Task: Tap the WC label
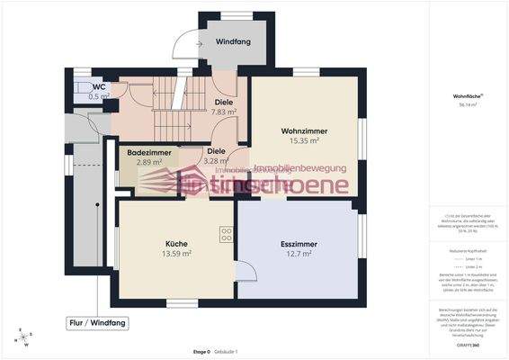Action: click(x=99, y=86)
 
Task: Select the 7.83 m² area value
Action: click(x=223, y=112)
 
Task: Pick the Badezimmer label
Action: click(x=148, y=152)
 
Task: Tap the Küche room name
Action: click(x=175, y=244)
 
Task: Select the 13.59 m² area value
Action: click(x=175, y=254)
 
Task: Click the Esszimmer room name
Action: click(x=294, y=243)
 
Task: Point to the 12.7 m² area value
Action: click(x=294, y=254)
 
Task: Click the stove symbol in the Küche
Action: click(x=225, y=234)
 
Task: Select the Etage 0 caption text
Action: click(x=201, y=352)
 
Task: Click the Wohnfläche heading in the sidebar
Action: click(x=465, y=94)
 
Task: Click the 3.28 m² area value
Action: click(x=214, y=162)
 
